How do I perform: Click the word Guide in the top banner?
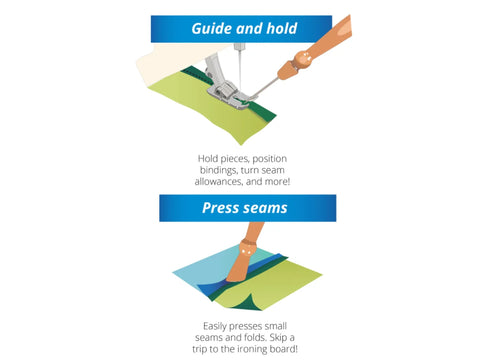pos(212,29)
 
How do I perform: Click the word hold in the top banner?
pos(282,28)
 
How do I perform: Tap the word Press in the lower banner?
pos(221,208)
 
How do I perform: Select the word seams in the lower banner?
pos(265,209)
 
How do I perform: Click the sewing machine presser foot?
pos(223,83)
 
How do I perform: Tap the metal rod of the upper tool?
pos(266,88)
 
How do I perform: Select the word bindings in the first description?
pos(219,170)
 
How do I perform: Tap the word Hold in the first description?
pos(208,159)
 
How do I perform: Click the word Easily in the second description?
pos(214,326)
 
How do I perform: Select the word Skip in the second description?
pos(278,338)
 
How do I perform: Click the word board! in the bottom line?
pos(284,349)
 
